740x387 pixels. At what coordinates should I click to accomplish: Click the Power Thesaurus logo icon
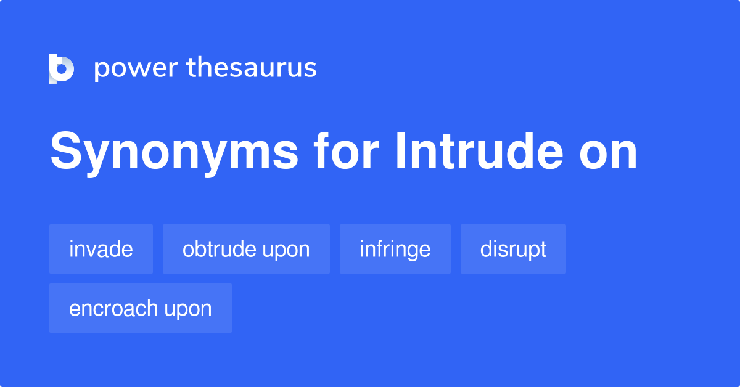[x=62, y=68]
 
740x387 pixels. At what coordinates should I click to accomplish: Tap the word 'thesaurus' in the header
[x=252, y=68]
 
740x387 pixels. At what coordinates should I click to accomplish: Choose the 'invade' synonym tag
[x=101, y=249]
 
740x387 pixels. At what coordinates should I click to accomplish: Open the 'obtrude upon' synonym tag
[x=246, y=249]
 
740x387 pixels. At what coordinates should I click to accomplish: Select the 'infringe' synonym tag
[x=395, y=249]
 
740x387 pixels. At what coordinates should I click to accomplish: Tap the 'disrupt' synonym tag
[x=513, y=249]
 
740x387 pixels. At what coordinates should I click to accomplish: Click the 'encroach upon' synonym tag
[x=141, y=308]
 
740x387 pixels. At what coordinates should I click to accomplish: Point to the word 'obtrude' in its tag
[x=219, y=249]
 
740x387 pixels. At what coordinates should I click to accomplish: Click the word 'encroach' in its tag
[x=113, y=308]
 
